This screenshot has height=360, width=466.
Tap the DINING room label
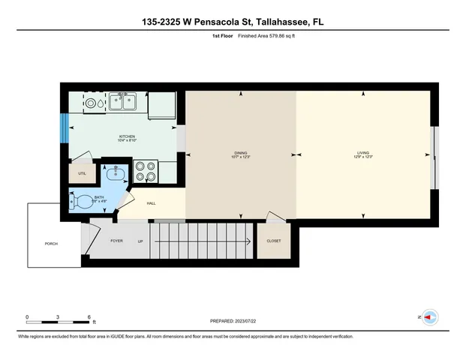click(x=240, y=154)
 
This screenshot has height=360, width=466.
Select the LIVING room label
click(x=364, y=154)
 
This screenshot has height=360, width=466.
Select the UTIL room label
click(x=82, y=172)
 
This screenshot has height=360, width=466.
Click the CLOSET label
click(x=273, y=241)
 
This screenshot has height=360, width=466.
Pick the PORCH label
click(x=51, y=244)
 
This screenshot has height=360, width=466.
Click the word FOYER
click(x=116, y=241)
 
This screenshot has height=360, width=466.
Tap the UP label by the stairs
click(x=140, y=241)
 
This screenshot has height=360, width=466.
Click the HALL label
click(x=150, y=203)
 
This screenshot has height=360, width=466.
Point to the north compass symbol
click(x=428, y=317)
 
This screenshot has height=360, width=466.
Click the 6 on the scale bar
click(x=89, y=317)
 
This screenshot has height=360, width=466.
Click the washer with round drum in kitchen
click(x=90, y=103)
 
